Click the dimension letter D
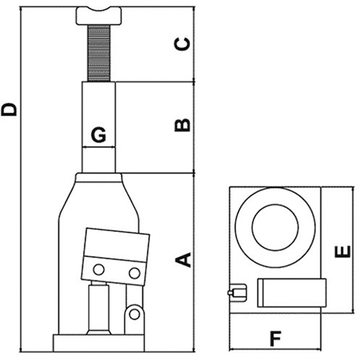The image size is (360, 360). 10,110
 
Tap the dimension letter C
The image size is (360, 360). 184,44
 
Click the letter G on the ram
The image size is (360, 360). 99,135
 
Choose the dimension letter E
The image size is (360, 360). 343,251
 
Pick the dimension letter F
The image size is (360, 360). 274,338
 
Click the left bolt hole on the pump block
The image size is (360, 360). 97,270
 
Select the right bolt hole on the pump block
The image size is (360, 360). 134,273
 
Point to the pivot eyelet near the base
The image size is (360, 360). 134,314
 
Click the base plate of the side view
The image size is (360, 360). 101,342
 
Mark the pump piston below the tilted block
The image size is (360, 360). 98,306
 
